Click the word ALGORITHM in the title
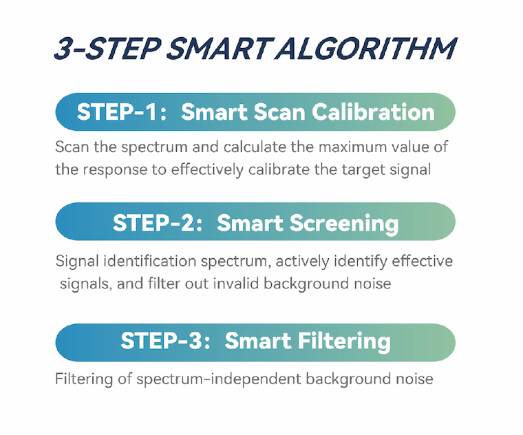pos(366,49)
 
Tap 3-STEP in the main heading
pos(108,49)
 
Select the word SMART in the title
pos(220,49)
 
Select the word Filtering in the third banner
pos(344,341)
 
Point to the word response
pos(115,170)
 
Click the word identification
pos(149,261)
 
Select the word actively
pos(303,262)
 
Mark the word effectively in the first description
pos(207,169)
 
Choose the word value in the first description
pos(410,147)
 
